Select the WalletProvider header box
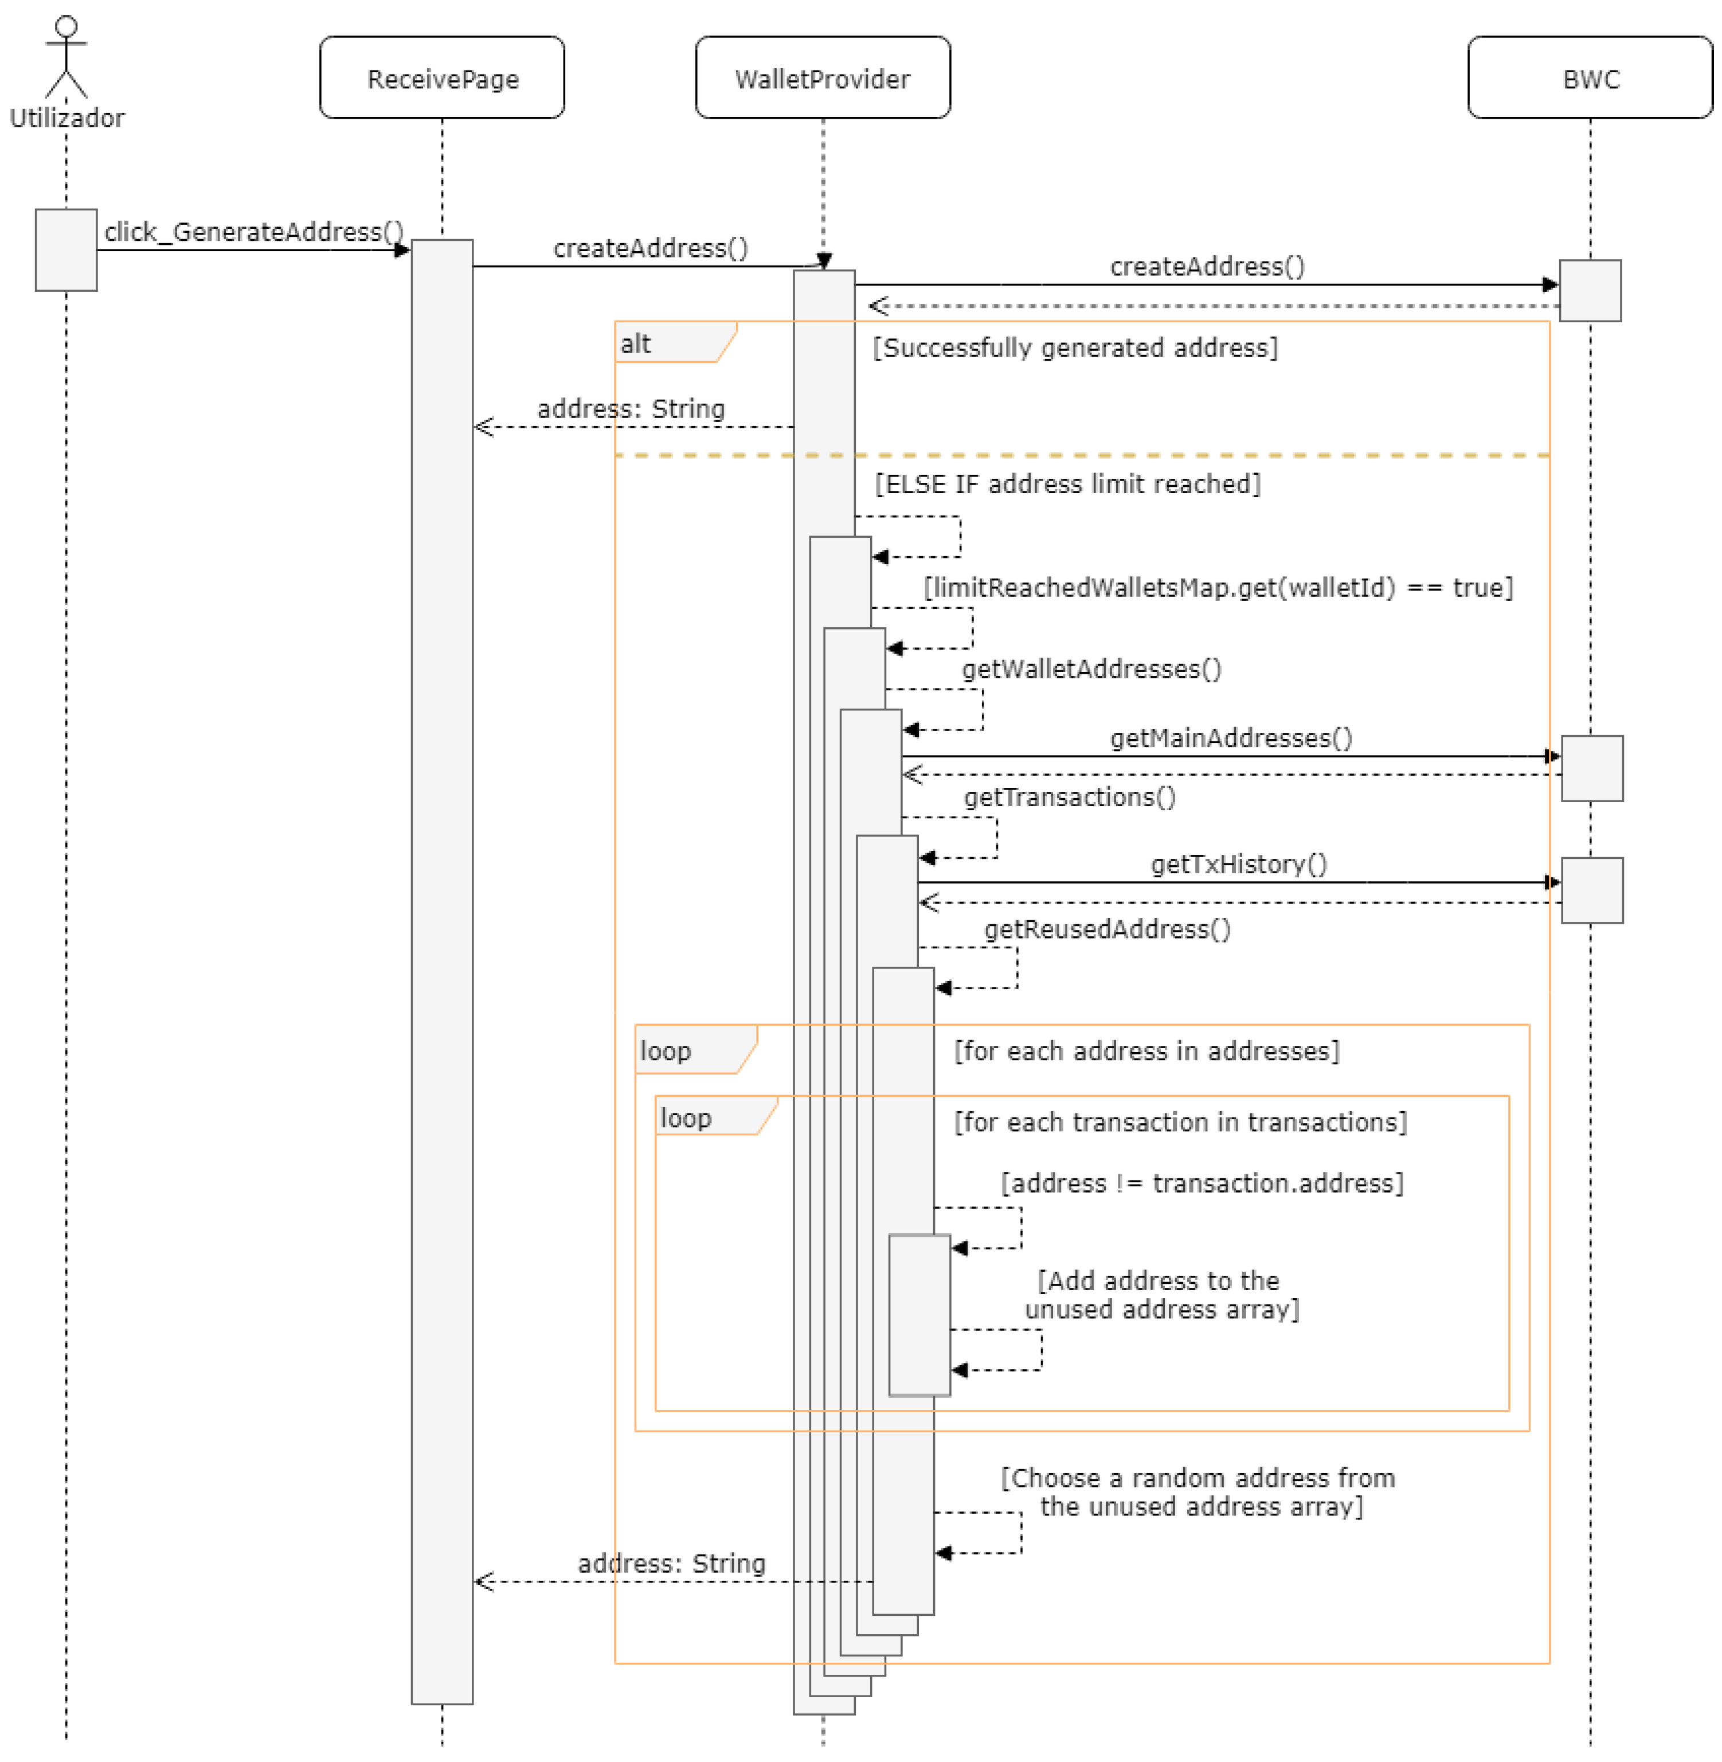point(822,78)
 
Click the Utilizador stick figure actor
point(66,57)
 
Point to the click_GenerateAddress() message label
point(253,232)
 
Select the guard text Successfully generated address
point(1074,347)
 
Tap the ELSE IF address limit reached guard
point(1067,484)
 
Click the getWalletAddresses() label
point(1091,669)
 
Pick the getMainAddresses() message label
point(1231,738)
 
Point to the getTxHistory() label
point(1238,864)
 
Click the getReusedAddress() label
point(1107,929)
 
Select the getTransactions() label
point(1069,797)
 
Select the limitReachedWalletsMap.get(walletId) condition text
point(1218,588)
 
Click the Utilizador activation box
point(66,249)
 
